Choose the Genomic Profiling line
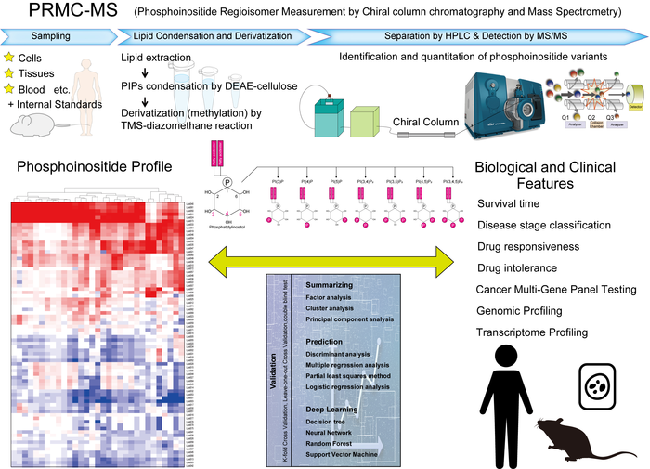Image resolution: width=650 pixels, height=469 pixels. (x=526, y=311)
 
